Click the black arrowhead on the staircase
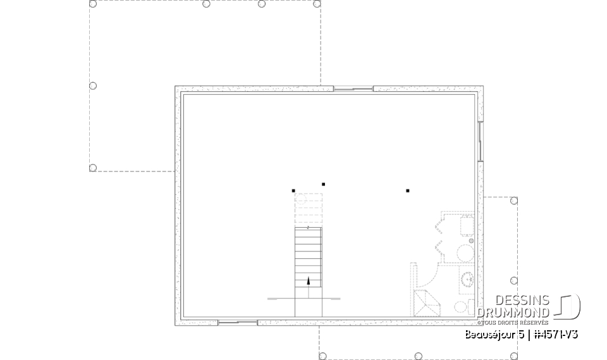pyautogui.click(x=309, y=281)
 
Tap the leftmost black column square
pyautogui.click(x=293, y=190)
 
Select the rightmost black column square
pyautogui.click(x=408, y=190)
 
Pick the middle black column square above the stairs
pyautogui.click(x=323, y=184)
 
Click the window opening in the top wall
pyautogui.click(x=353, y=89)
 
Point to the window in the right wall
pyautogui.click(x=481, y=141)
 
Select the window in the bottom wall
pyautogui.click(x=237, y=323)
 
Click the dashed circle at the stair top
pyautogui.click(x=302, y=201)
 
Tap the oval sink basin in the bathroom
pyautogui.click(x=467, y=278)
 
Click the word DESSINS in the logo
pyautogui.click(x=522, y=301)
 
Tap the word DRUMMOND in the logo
pyautogui.click(x=513, y=313)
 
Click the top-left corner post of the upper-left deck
pyautogui.click(x=93, y=4)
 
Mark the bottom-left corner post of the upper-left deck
pyautogui.click(x=93, y=168)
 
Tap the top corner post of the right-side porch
pyautogui.click(x=514, y=201)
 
